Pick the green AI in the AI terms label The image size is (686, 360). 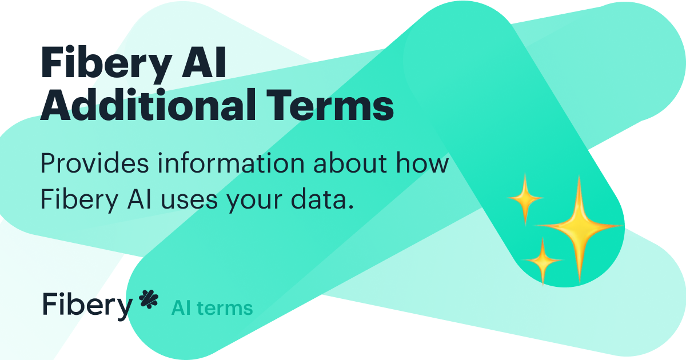181,309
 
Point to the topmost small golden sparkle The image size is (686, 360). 525,198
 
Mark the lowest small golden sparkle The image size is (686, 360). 541,261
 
